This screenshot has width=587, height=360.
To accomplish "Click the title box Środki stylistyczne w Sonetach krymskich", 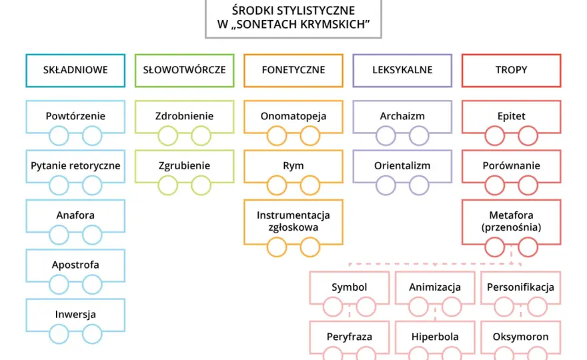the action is (x=293, y=17).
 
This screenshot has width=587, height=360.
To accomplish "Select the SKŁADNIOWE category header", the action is (x=75, y=71).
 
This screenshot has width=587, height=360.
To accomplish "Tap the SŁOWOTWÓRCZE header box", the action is (x=184, y=71).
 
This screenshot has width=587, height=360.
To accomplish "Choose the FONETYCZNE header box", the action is (x=293, y=71).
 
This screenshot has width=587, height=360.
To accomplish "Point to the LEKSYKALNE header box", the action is (x=402, y=71).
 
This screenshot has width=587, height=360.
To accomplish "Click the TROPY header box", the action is (x=511, y=71).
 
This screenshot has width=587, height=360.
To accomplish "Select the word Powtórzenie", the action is (x=75, y=116).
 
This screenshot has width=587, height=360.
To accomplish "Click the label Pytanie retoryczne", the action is (x=75, y=166).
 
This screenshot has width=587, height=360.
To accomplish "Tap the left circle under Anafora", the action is (x=59, y=235).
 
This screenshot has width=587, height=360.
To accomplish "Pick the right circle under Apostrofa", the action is (x=92, y=285).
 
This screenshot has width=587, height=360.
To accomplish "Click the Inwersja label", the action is (x=75, y=315).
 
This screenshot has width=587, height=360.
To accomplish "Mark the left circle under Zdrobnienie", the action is (x=167, y=135).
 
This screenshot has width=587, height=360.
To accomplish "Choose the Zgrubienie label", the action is (x=184, y=166).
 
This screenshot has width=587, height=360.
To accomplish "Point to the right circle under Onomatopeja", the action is (x=310, y=135).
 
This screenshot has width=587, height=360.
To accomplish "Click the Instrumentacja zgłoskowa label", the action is (x=293, y=221).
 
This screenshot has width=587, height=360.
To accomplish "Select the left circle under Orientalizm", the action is (x=386, y=185).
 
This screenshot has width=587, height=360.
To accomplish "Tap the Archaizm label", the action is (x=402, y=116).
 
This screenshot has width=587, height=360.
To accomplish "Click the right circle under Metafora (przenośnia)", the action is (x=528, y=247).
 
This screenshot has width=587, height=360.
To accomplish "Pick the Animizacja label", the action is (x=435, y=287).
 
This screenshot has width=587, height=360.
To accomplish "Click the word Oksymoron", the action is (x=520, y=337).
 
